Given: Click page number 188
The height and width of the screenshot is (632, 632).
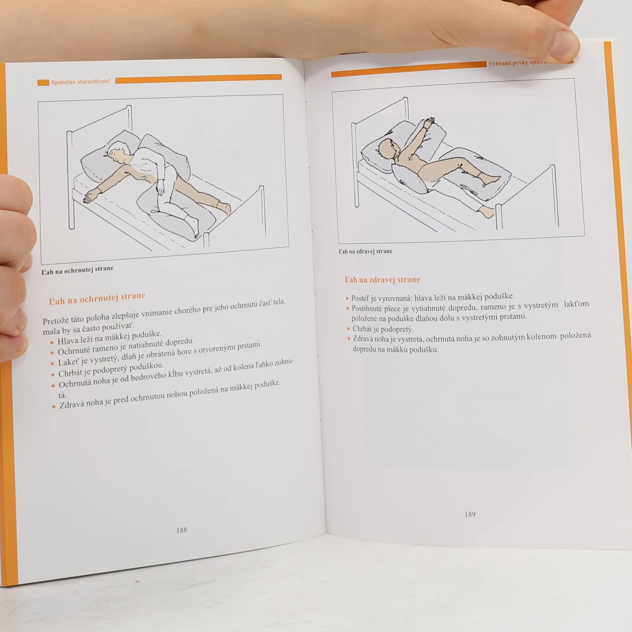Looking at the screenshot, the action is coord(181,530).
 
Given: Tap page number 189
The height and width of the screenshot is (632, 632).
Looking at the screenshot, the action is coord(470,514).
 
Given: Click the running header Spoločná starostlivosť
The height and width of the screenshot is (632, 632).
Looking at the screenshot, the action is coord(80,82).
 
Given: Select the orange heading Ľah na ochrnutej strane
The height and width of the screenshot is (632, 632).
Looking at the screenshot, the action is coord(97,299).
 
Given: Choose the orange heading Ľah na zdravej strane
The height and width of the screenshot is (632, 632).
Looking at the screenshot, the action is coord(382,279).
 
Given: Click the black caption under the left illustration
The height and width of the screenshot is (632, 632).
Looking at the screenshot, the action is coord(78,270).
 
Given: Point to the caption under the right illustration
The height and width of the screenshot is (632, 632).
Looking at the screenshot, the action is coord(365,251).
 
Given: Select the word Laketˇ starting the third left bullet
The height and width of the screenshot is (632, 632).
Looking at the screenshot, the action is coord(68,362).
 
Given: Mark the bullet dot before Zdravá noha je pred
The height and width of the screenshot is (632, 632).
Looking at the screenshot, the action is coord(54,407).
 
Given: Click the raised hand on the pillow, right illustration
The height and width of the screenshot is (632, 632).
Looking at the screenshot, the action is coord(429,122).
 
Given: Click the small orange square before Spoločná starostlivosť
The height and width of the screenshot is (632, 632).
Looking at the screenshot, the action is coord(43,82).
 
